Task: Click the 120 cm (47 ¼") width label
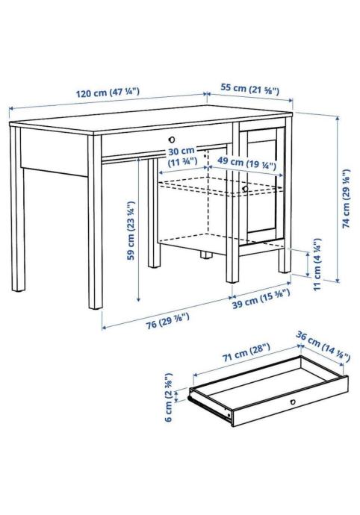[108, 93]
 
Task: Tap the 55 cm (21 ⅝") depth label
[250, 89]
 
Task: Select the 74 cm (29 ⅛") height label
[347, 199]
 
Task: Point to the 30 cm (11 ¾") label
[181, 156]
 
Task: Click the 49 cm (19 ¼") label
[246, 163]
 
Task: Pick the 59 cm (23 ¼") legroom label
[131, 230]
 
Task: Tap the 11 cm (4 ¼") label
[317, 264]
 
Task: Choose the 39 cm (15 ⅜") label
[261, 299]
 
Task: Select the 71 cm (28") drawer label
[246, 352]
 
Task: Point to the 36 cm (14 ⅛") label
[323, 346]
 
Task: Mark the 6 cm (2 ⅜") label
[168, 397]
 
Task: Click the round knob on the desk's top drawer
[171, 140]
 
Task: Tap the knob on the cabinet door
[245, 189]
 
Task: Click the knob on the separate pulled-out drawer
[293, 402]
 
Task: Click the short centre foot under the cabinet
[206, 255]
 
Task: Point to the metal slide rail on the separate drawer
[209, 406]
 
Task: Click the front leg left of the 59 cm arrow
[95, 222]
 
